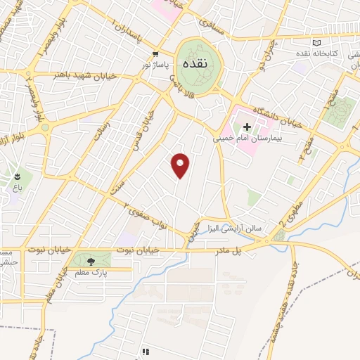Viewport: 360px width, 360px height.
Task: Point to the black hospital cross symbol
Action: (x=247, y=127)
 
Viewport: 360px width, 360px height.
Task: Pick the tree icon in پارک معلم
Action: (x=91, y=261)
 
